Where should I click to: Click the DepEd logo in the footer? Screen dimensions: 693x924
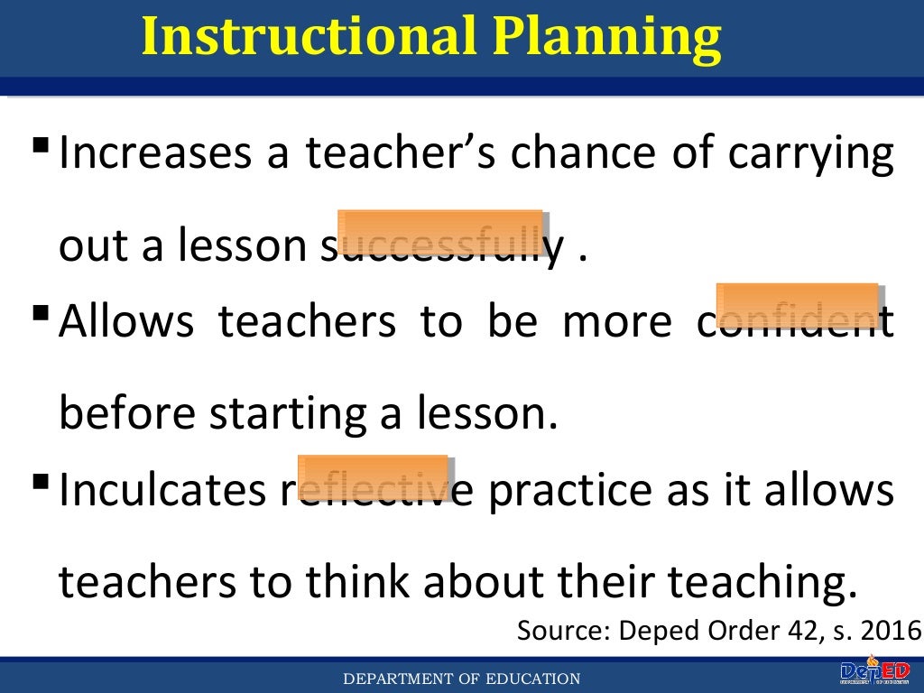coord(873,673)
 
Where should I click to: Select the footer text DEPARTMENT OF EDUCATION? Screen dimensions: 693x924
coord(461,679)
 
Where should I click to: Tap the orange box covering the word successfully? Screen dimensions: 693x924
coord(441,231)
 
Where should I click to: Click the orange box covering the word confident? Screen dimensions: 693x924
coord(798,304)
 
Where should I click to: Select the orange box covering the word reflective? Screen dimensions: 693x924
coord(374,477)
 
